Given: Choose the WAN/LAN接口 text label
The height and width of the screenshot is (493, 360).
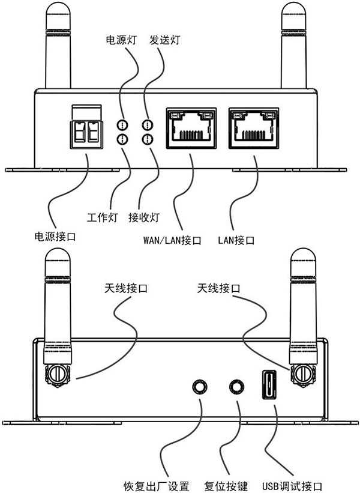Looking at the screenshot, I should [x=172, y=241].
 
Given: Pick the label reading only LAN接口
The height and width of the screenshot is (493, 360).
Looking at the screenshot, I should [x=236, y=241].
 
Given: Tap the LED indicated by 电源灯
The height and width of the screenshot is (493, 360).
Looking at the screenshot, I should [x=122, y=126].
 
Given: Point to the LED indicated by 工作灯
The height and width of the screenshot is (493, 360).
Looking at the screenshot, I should [x=122, y=139].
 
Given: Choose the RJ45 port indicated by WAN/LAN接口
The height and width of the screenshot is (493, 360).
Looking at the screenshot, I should [x=192, y=127].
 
